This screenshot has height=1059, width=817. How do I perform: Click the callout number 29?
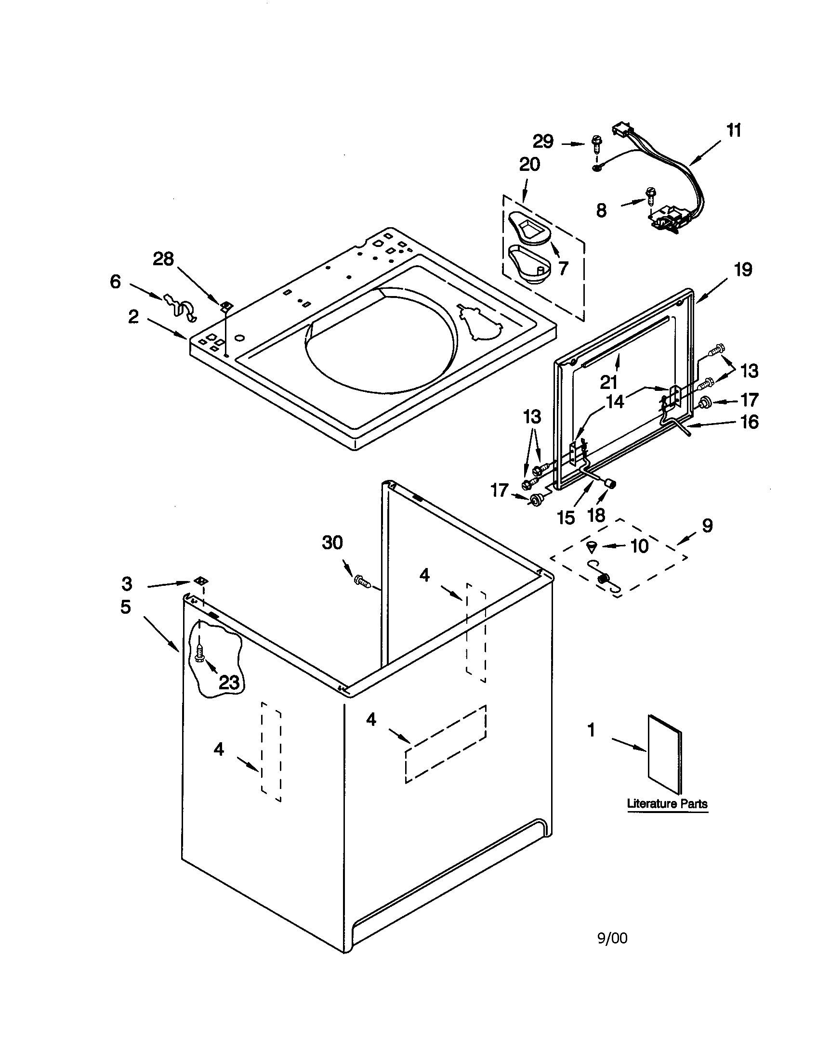coord(543,142)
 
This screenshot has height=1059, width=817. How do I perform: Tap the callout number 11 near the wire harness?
coord(734,130)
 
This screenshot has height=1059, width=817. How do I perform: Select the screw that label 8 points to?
coord(651,196)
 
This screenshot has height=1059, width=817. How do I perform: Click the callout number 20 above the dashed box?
coord(529,165)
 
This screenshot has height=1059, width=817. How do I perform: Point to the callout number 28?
coord(163,259)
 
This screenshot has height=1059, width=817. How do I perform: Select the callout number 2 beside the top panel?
coord(133,317)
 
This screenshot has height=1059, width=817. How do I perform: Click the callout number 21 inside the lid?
coord(608,382)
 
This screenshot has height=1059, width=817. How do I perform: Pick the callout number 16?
coord(750,422)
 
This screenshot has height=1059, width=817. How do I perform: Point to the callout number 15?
coord(566,517)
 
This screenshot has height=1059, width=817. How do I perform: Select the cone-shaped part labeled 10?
coord(592,547)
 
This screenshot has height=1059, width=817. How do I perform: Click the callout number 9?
coord(707,525)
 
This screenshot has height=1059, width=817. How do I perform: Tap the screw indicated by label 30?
coord(362,581)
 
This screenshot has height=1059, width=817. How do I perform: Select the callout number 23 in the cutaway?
coord(228,682)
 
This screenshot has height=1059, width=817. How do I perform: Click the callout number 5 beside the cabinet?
coord(126,607)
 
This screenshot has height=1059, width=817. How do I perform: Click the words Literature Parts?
coord(668,804)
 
